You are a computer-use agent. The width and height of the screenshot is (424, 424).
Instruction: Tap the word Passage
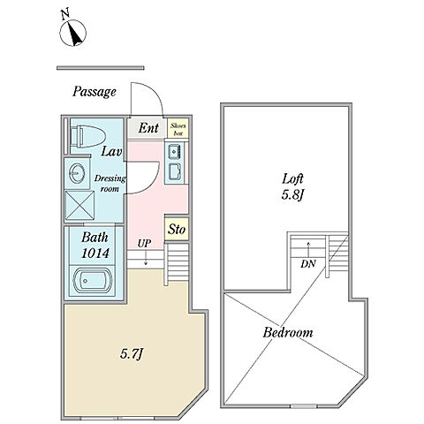(95, 92)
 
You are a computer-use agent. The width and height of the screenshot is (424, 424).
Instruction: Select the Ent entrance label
(148, 128)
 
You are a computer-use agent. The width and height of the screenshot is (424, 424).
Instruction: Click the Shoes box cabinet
(178, 128)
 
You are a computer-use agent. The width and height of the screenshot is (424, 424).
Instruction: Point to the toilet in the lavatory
(88, 137)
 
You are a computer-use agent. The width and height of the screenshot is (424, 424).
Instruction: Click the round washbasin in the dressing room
(78, 173)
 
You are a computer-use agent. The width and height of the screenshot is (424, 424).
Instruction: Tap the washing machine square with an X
(79, 205)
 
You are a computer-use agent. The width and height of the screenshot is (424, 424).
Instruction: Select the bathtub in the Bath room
(92, 280)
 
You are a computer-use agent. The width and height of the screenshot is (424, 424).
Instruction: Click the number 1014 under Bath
(95, 254)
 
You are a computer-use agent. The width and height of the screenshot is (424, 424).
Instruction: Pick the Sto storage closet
(177, 229)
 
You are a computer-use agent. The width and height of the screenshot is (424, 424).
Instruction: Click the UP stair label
(144, 244)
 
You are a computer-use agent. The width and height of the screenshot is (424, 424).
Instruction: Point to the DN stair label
(307, 264)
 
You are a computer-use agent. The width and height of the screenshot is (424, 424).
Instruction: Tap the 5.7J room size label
(132, 354)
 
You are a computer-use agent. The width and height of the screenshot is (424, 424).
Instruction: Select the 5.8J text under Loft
(292, 195)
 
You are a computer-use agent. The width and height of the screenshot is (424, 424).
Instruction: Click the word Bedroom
(288, 332)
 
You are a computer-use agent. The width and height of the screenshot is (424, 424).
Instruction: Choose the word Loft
(292, 178)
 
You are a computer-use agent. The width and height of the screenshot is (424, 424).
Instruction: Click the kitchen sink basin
(176, 151)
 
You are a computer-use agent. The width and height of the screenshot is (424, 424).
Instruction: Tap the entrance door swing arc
(154, 92)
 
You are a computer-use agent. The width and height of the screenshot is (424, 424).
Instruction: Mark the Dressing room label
(110, 184)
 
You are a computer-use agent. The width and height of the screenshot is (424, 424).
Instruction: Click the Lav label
(111, 151)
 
